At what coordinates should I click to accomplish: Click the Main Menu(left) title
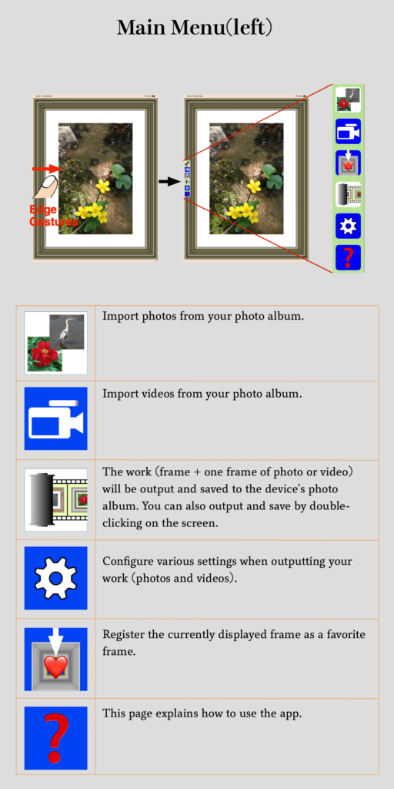pyautogui.click(x=195, y=28)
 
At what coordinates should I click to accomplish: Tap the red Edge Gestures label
pyautogui.click(x=53, y=216)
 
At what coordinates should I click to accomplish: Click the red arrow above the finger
pyautogui.click(x=47, y=169)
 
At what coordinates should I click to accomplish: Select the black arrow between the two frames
pyautogui.click(x=169, y=181)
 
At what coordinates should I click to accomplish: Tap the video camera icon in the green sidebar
pyautogui.click(x=349, y=131)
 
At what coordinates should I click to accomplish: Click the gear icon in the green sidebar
pyautogui.click(x=349, y=226)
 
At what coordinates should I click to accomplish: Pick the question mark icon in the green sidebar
pyautogui.click(x=349, y=257)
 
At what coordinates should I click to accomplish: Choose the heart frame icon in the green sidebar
pyautogui.click(x=349, y=163)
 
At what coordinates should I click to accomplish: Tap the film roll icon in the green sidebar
pyautogui.click(x=349, y=194)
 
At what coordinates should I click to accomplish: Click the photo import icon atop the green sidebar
pyautogui.click(x=349, y=99)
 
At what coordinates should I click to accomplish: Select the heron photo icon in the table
pyautogui.click(x=55, y=343)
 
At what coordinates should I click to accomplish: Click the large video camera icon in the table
pyautogui.click(x=55, y=418)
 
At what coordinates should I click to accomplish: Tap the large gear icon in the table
pyautogui.click(x=55, y=578)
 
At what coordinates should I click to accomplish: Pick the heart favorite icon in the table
pyautogui.click(x=55, y=660)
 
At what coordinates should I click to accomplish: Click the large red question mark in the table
pyautogui.click(x=55, y=737)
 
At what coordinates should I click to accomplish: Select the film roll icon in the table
pyautogui.click(x=55, y=499)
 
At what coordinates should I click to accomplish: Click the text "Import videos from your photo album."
pyautogui.click(x=202, y=394)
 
